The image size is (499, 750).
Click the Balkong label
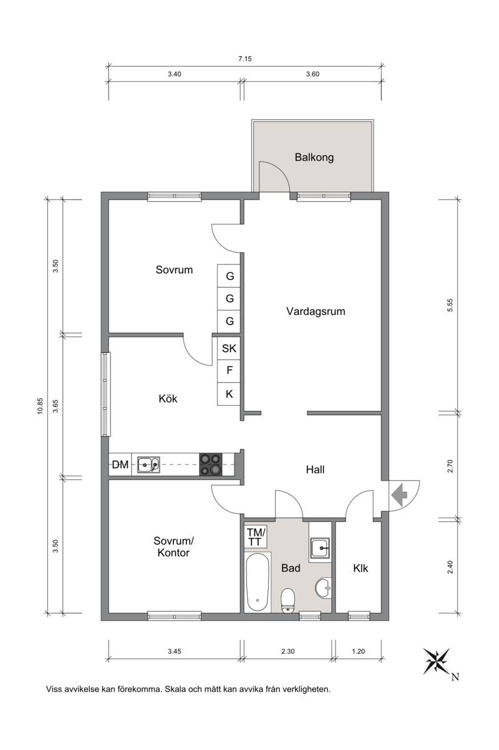point(314,157)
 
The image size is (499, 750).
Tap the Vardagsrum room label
point(316,311)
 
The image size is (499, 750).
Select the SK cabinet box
point(229,349)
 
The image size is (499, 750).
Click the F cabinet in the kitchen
point(229,371)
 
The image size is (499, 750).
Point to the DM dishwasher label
point(120,464)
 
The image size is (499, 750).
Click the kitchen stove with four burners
point(211,464)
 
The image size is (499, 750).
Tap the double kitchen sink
point(148,464)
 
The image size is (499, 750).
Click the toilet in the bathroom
point(288,600)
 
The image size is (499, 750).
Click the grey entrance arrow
point(399,494)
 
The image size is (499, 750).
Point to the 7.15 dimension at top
point(245,59)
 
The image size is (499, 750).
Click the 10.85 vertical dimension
point(41,406)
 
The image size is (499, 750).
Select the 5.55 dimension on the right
point(450,305)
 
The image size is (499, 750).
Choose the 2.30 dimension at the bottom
point(288,651)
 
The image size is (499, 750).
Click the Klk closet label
point(361,568)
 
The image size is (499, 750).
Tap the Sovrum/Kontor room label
point(173,546)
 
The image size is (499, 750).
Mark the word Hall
point(315,469)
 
